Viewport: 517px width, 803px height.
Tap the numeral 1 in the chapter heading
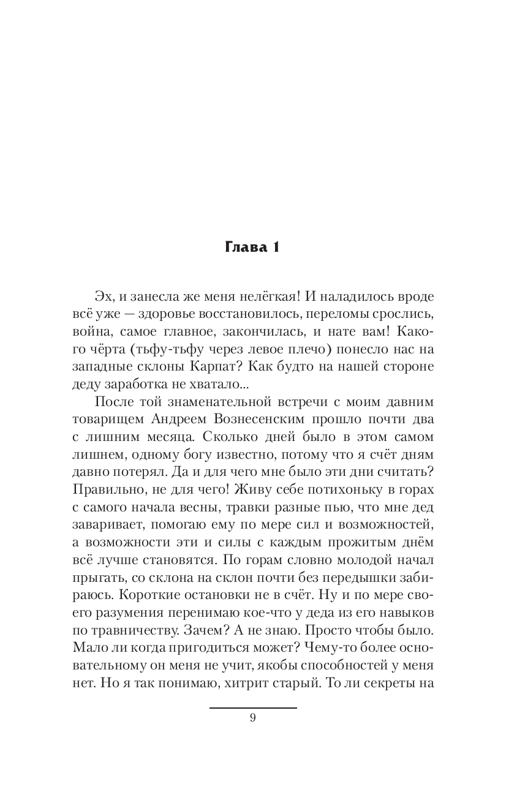coord(276,248)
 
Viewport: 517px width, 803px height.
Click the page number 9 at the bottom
coord(253,718)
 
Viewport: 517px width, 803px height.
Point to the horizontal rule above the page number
coord(253,708)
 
